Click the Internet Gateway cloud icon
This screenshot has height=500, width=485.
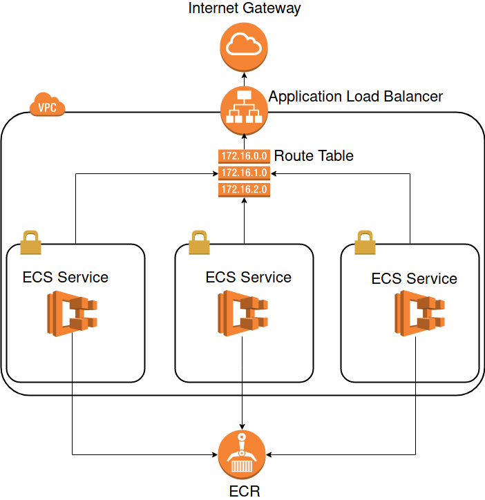coord(243,46)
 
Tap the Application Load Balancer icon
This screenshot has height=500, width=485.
coord(243,110)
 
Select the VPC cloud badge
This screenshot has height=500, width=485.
coord(48,106)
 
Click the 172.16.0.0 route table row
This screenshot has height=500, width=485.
coord(243,156)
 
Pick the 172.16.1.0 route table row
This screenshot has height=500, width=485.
coord(243,172)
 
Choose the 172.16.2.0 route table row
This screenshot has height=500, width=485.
coord(243,189)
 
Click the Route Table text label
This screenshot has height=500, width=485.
coord(314,156)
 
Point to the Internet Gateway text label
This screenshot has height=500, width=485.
coord(245,8)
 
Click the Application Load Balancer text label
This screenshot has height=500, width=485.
coord(356,96)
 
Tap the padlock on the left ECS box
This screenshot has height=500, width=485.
coord(31,243)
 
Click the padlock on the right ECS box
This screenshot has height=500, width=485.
coord(365,243)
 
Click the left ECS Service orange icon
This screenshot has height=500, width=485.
coord(73,314)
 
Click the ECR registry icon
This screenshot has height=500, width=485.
coord(242,455)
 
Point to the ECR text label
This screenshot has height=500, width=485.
coord(245,491)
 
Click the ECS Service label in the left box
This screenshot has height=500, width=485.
coord(66,278)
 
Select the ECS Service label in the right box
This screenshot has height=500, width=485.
coord(414,279)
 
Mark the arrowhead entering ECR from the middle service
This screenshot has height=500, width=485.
coord(242,425)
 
